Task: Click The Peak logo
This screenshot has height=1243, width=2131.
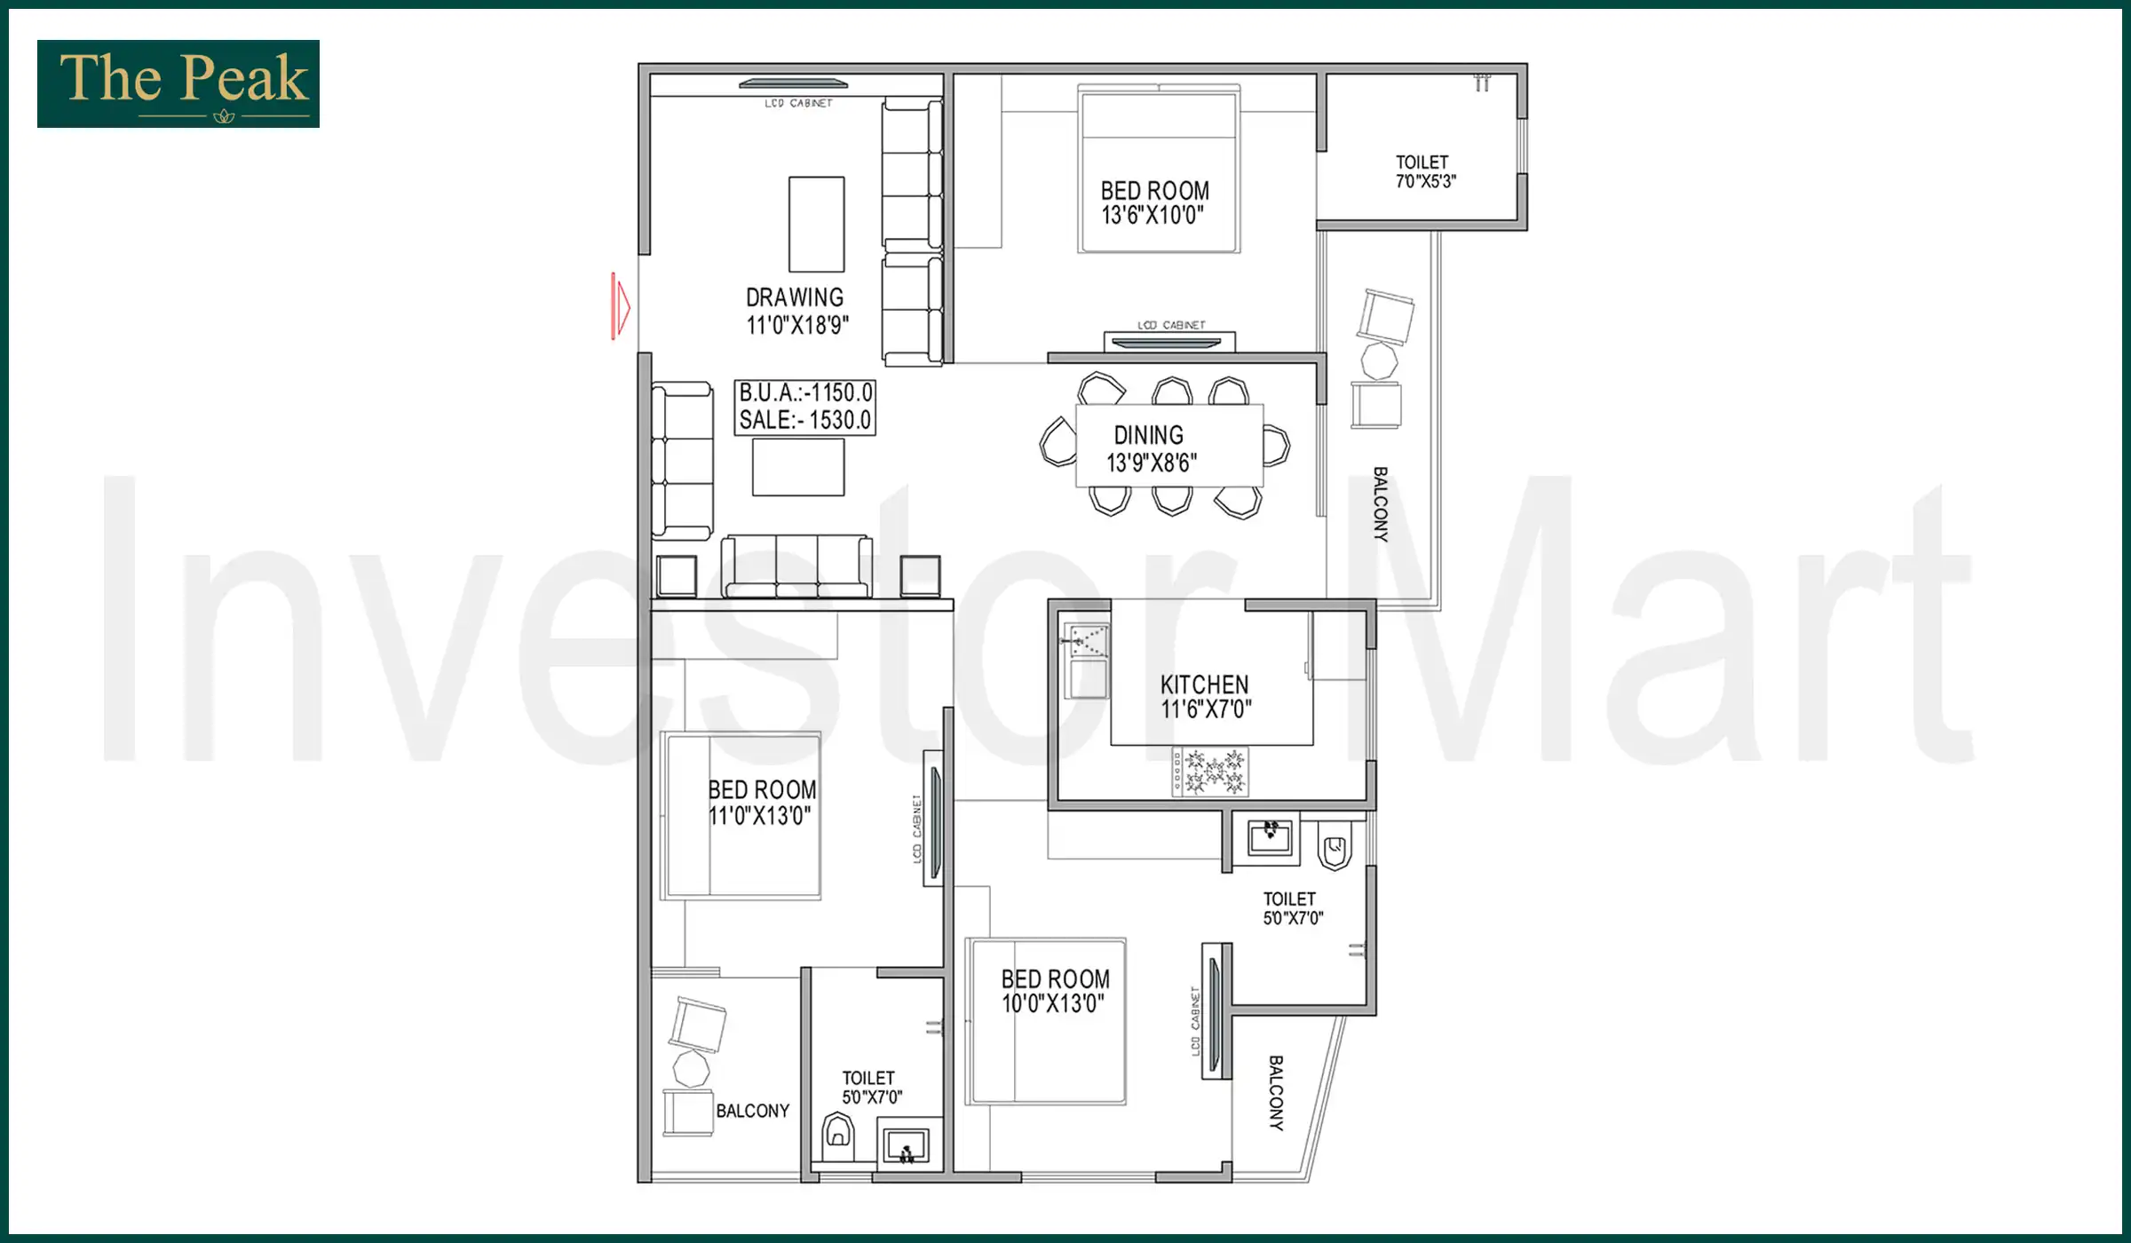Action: click(x=178, y=83)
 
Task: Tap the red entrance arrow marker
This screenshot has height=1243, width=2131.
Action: click(x=621, y=306)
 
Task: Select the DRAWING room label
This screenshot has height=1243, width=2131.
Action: click(x=795, y=297)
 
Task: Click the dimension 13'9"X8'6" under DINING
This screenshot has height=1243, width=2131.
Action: click(x=1152, y=463)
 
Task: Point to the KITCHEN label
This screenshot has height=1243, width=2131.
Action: click(x=1204, y=685)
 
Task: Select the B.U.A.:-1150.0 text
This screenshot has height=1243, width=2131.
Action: click(x=805, y=392)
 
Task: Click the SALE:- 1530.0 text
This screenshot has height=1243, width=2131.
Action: click(x=805, y=420)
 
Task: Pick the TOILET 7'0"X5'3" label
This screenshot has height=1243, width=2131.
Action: click(x=1423, y=171)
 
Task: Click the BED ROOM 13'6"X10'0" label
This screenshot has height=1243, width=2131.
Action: click(x=1154, y=202)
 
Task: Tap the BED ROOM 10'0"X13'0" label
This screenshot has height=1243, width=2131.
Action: click(x=1055, y=991)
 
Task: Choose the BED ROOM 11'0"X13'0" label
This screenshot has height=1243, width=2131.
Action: click(x=762, y=803)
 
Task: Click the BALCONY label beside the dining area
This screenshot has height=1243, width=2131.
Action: click(x=1380, y=504)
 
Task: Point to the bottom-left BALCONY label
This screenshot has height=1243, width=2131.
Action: click(x=752, y=1111)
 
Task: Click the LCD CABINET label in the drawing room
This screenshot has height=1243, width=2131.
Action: click(x=798, y=104)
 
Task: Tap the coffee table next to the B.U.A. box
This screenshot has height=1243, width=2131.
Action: click(x=798, y=467)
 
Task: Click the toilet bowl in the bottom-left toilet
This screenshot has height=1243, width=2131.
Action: click(x=838, y=1134)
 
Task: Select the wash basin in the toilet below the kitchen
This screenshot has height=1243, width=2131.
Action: click(x=1270, y=835)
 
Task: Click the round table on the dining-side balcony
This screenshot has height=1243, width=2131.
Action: click(x=1379, y=361)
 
